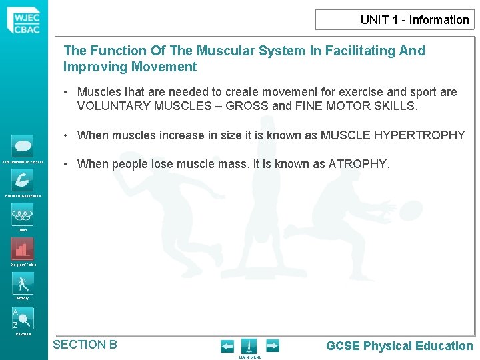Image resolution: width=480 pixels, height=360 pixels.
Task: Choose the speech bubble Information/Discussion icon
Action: [x=22, y=146]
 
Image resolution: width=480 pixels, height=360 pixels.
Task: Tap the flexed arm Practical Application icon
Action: [x=22, y=179]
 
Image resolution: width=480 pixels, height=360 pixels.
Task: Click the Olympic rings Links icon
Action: [x=22, y=215]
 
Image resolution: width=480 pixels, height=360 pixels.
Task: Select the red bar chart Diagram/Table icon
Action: [x=22, y=249]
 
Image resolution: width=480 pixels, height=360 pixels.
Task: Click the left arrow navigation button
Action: [x=227, y=346]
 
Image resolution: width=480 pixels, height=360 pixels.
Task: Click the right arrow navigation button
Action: [x=273, y=346]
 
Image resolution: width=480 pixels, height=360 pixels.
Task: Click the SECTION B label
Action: [x=85, y=345]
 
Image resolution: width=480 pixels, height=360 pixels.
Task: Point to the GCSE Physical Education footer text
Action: [x=399, y=346]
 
